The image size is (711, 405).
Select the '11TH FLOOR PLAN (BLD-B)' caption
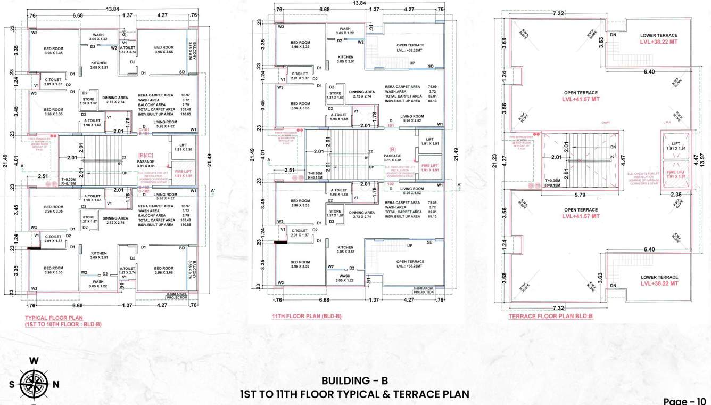[307, 316]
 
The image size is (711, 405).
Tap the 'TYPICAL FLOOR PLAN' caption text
[53, 318]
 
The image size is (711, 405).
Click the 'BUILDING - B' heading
[354, 380]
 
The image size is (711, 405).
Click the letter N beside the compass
[56, 384]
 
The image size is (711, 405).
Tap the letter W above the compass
[34, 361]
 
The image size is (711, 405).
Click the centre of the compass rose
[34, 384]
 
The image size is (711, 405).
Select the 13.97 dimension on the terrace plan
[703, 159]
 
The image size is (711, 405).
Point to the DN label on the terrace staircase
[614, 147]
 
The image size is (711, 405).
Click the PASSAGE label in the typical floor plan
[145, 161]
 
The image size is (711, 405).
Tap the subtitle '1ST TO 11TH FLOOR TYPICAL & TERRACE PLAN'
[354, 394]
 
